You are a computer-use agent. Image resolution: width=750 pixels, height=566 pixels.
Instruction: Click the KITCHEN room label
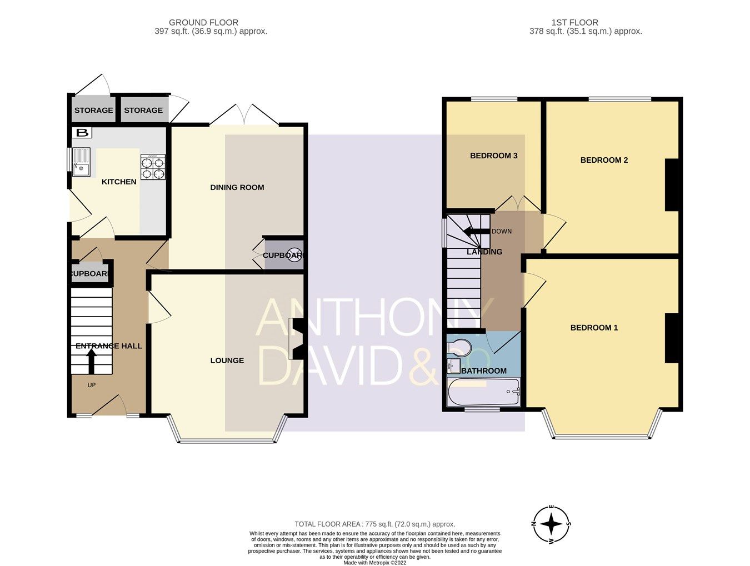119,182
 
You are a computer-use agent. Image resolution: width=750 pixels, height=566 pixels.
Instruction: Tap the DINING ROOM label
237,187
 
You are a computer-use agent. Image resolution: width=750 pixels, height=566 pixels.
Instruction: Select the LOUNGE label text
227,360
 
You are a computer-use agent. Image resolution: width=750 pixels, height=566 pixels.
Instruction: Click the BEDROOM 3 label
493,156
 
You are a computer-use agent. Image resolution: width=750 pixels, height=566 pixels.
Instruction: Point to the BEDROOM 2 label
604,160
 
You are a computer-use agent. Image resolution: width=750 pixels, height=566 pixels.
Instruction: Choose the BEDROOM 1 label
594,328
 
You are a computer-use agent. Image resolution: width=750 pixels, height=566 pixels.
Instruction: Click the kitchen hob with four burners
153,167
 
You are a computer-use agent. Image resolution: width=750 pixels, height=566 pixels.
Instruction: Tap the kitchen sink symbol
81,162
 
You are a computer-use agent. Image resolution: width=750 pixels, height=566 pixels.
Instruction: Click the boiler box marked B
82,133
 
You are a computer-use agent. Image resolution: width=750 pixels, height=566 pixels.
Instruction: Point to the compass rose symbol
551,524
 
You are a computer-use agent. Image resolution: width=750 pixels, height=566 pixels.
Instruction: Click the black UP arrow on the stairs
91,362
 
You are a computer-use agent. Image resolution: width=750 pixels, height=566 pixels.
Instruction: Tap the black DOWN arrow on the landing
476,232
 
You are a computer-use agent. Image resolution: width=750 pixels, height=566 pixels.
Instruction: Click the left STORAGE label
93,110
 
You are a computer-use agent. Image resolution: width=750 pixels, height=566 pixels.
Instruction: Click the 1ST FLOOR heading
574,23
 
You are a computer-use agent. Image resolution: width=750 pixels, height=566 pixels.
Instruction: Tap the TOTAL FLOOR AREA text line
374,524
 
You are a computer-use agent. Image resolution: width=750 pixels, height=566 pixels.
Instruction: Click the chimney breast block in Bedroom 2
672,185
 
